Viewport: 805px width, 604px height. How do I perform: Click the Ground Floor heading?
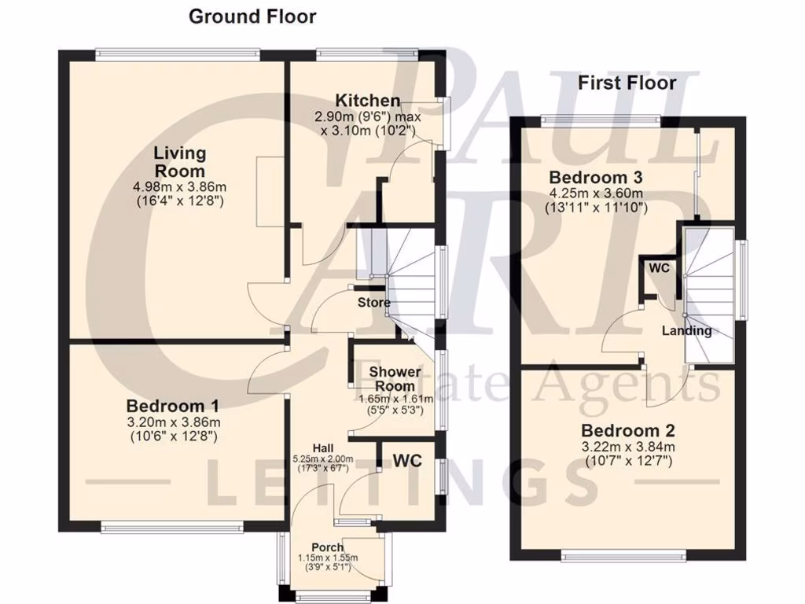[x=252, y=17]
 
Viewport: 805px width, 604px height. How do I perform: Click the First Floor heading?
[x=627, y=83]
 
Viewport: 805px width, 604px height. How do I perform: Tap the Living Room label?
[x=180, y=162]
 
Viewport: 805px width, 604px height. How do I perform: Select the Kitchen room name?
[x=368, y=101]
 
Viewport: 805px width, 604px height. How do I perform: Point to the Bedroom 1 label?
[x=173, y=407]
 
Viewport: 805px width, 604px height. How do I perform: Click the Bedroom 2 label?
[x=628, y=431]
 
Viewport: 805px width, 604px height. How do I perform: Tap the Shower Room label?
[x=395, y=378]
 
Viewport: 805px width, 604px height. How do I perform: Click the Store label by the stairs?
[x=374, y=303]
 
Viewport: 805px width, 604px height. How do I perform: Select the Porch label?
[x=327, y=547]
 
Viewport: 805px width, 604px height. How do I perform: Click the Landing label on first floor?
[x=686, y=331]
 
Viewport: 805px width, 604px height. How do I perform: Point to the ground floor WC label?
[x=408, y=459]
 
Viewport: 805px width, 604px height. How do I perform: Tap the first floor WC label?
[x=659, y=268]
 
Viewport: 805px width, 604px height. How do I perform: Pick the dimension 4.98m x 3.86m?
[x=180, y=187]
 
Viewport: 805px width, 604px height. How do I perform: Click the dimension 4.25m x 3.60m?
[x=596, y=193]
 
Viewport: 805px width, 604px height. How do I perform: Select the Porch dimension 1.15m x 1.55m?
[x=327, y=558]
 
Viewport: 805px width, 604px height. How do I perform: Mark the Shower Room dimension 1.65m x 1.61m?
[x=395, y=399]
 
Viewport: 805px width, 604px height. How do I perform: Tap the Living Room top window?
[x=178, y=53]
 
